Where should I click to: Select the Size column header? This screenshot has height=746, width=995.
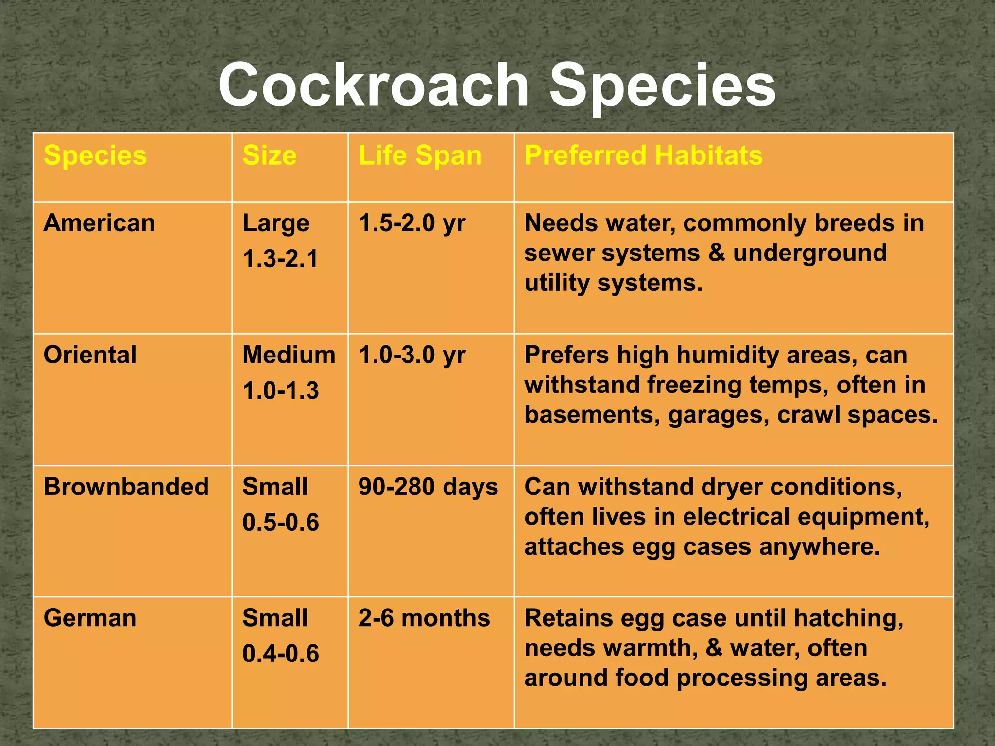tap(270, 155)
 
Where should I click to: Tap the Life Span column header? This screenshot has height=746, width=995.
tap(420, 155)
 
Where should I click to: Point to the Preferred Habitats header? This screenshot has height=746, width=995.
tap(643, 155)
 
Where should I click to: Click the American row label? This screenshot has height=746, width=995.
tap(99, 223)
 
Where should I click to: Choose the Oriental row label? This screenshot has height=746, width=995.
tap(90, 355)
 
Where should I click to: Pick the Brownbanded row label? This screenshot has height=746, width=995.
tap(126, 487)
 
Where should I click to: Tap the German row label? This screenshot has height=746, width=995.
tap(90, 618)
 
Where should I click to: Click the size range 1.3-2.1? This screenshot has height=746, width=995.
tap(280, 258)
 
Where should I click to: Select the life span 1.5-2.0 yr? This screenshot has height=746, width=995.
tap(412, 223)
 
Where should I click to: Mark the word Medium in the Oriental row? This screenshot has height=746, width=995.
tap(289, 355)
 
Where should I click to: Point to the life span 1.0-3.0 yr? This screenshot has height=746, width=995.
tap(412, 355)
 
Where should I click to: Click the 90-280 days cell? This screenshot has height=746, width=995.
tap(428, 487)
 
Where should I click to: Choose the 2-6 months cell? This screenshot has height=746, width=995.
tap(424, 618)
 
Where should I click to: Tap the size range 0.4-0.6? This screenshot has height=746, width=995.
tap(281, 654)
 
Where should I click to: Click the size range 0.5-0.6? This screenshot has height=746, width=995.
tap(281, 523)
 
